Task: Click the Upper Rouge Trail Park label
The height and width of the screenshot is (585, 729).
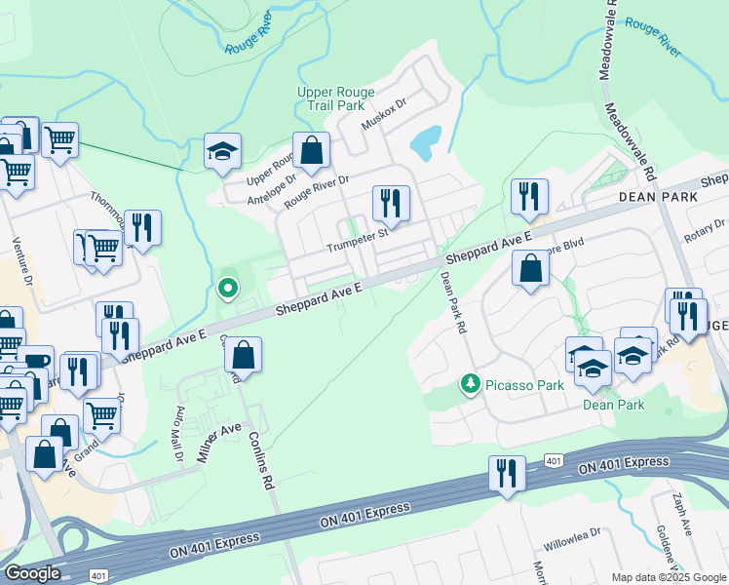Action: [335, 99]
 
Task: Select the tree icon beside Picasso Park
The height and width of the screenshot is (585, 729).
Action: [471, 384]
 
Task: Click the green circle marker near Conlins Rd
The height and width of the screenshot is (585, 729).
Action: [227, 288]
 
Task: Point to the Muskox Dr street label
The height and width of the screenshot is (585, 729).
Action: [383, 117]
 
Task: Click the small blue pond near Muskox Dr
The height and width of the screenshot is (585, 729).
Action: [426, 143]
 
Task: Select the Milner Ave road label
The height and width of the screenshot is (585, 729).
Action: [220, 442]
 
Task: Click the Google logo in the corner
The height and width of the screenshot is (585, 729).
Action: [32, 573]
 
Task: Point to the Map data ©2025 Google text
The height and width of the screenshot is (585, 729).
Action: [670, 577]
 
